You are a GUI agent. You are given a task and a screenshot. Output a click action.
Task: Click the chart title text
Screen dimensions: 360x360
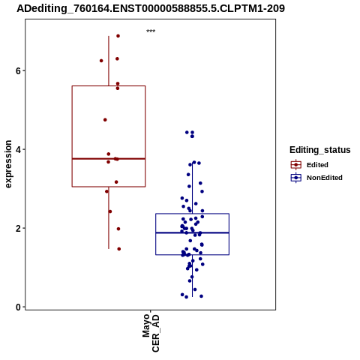pyautogui.click(x=151, y=9)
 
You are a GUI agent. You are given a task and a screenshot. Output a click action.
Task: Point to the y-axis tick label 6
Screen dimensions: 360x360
pyautogui.click(x=18, y=70)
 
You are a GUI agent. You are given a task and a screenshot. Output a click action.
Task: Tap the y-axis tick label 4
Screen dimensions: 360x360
pyautogui.click(x=18, y=149)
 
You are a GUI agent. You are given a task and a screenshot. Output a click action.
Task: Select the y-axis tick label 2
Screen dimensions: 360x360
pyautogui.click(x=18, y=228)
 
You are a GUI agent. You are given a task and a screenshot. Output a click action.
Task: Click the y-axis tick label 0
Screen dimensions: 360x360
pyautogui.click(x=18, y=307)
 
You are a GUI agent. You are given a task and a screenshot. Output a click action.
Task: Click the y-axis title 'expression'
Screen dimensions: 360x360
pyautogui.click(x=8, y=164)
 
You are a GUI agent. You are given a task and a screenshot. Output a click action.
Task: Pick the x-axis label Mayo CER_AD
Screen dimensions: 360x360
pyautogui.click(x=151, y=333)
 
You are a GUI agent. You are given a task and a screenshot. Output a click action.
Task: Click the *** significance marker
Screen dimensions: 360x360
pyautogui.click(x=151, y=31)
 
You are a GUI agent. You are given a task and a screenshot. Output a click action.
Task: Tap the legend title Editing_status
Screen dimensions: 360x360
pyautogui.click(x=320, y=150)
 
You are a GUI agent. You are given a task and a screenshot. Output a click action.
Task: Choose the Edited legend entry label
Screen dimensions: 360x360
pyautogui.click(x=317, y=165)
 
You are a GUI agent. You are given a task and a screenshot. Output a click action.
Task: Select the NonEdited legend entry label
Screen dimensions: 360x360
pyautogui.click(x=325, y=178)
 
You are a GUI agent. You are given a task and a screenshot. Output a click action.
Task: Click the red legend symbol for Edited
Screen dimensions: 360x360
pyautogui.click(x=296, y=165)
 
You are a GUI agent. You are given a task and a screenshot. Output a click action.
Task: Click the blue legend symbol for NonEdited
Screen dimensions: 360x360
pyautogui.click(x=296, y=178)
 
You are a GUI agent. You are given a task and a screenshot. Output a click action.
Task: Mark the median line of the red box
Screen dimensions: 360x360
pyautogui.click(x=109, y=159)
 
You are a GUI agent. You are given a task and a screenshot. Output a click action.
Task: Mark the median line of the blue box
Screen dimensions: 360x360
pyautogui.click(x=192, y=232)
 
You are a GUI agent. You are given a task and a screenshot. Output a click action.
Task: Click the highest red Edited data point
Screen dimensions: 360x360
pyautogui.click(x=118, y=36)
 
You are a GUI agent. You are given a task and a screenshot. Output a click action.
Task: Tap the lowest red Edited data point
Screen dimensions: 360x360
pyautogui.click(x=119, y=249)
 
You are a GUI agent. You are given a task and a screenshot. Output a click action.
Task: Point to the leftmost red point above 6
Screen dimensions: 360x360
pyautogui.click(x=101, y=61)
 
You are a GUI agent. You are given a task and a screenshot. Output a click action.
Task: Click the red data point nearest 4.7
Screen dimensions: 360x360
pyautogui.click(x=105, y=120)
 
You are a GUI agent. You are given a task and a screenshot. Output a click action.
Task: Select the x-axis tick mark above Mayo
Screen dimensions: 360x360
pyautogui.click(x=151, y=311)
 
